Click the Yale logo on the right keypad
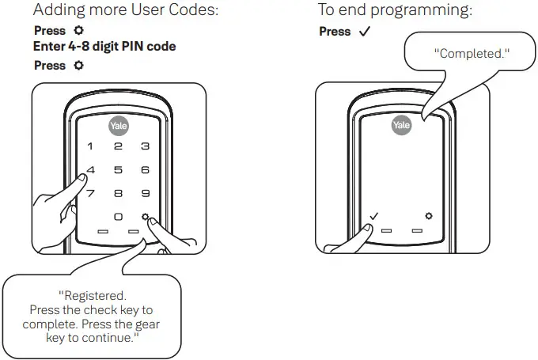coord(401,125)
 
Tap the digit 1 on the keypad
coord(90,146)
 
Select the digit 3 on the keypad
coord(145,146)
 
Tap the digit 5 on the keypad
coord(118,169)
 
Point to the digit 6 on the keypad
coord(145,169)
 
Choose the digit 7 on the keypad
coord(90,193)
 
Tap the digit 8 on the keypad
coord(118,193)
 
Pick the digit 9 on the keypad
coord(145,193)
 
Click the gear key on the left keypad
coord(145,217)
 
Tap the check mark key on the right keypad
coord(374,216)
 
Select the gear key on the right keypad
coord(428,216)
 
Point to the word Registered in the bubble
coord(93,296)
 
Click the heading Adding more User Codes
coord(126,11)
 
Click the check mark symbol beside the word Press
coord(364,32)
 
